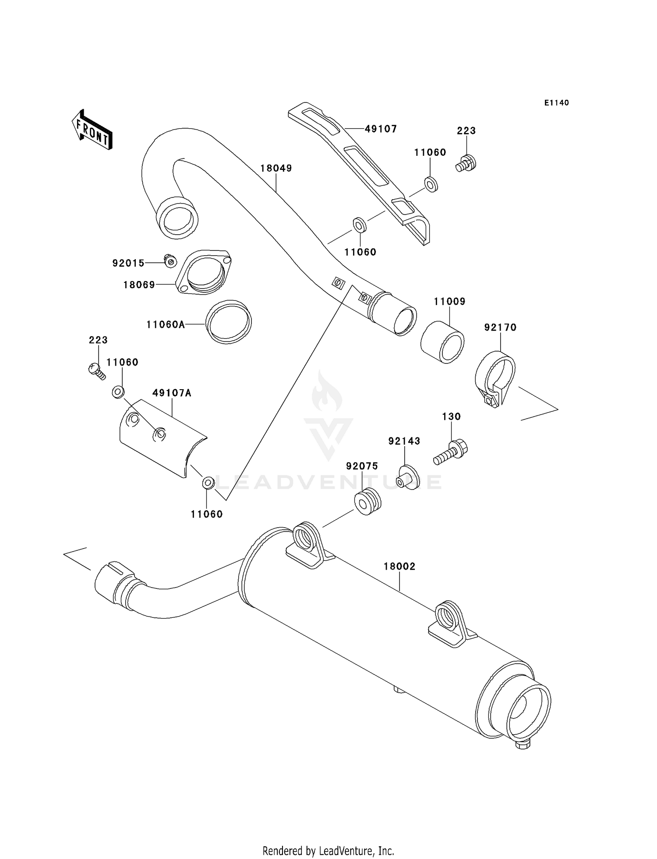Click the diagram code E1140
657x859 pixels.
[556, 103]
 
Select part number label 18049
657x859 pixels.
[276, 168]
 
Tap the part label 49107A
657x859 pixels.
[172, 393]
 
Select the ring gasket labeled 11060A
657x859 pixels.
[229, 322]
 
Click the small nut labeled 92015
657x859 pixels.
[170, 261]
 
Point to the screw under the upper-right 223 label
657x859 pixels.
[466, 163]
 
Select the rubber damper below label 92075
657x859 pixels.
[367, 501]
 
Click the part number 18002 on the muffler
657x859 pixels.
[399, 567]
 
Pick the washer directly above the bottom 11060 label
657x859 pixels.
[208, 483]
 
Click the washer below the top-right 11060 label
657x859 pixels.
[431, 184]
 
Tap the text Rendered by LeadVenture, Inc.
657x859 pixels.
[328, 851]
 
